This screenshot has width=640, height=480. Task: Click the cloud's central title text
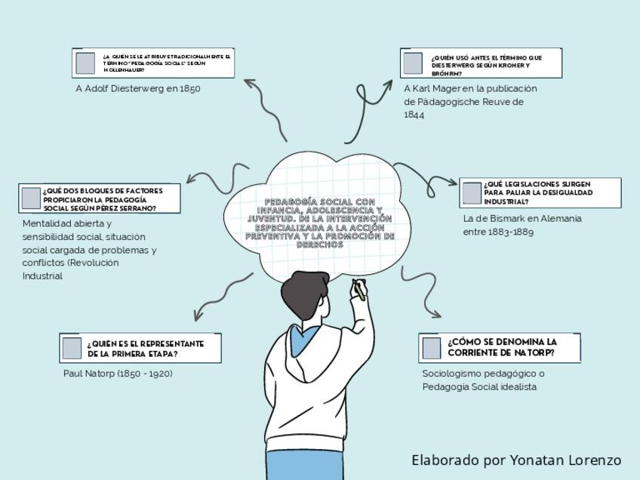pos(320,223)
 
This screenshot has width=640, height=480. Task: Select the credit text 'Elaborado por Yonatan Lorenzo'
pos(516,460)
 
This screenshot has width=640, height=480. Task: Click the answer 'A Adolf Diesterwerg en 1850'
pos(138,88)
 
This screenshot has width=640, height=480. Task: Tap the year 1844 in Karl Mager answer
pos(414,115)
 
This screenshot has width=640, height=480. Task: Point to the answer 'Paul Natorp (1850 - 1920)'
pos(118,373)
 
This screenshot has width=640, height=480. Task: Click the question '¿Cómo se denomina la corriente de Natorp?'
pos(502,347)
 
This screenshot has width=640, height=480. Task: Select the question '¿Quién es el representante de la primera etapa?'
pos(145,348)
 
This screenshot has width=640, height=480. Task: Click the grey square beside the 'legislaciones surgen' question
pos(472,193)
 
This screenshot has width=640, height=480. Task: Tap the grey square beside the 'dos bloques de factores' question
pos(31,198)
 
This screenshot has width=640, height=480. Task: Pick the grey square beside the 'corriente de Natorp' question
pos(432,348)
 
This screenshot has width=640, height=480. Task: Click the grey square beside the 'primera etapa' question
pos(72,348)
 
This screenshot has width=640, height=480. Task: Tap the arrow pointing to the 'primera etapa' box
pos(219,294)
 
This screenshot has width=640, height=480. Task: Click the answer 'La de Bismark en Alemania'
pos(522,218)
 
